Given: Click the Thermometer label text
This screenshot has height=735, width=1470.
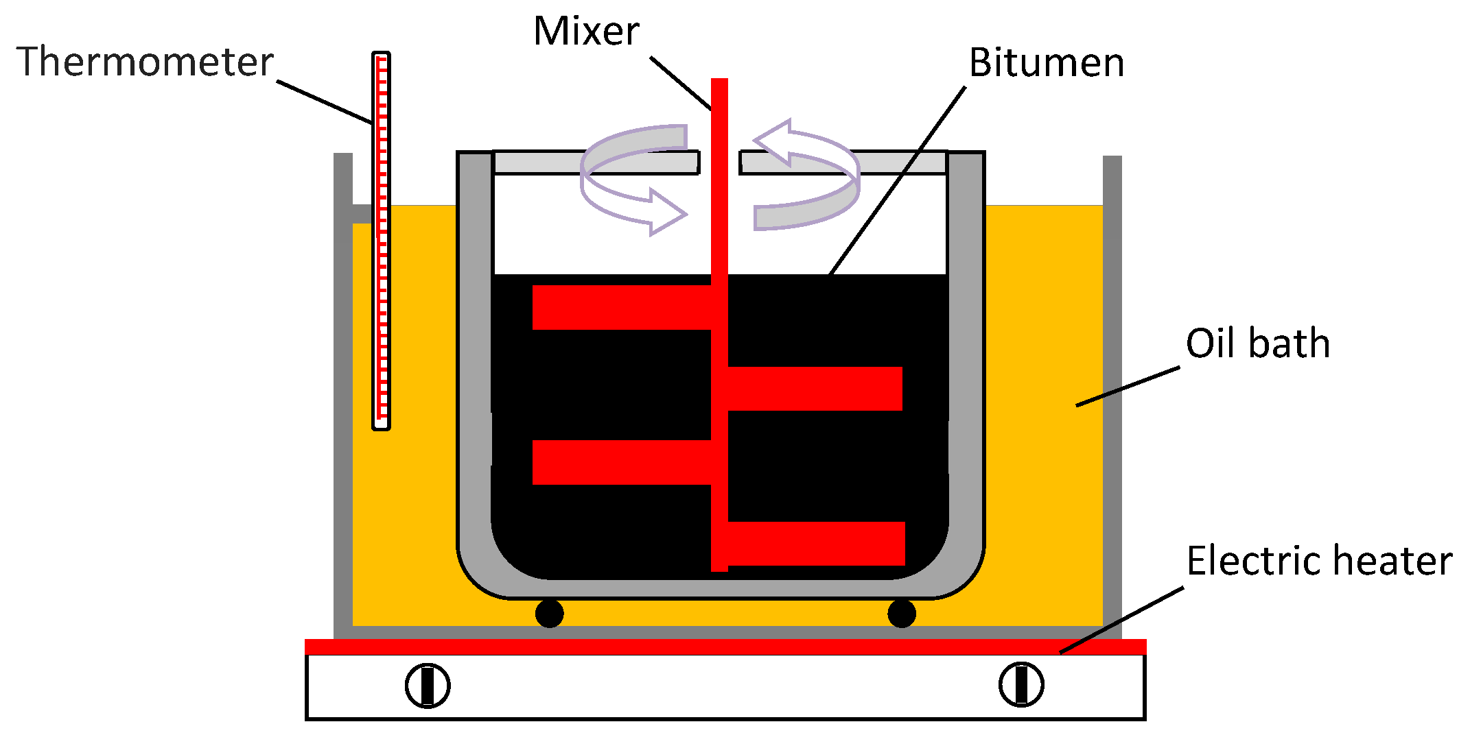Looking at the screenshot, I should [x=145, y=62].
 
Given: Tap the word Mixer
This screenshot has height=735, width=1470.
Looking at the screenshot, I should [x=586, y=32].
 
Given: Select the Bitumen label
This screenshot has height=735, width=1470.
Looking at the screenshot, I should [x=1046, y=63].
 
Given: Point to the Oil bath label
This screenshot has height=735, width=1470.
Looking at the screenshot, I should [x=1257, y=344].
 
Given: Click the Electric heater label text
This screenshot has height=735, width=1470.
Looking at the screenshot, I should [x=1319, y=561].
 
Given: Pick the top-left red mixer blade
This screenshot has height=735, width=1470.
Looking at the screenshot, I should [x=621, y=308].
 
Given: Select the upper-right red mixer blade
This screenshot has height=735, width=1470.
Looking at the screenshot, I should [x=815, y=389].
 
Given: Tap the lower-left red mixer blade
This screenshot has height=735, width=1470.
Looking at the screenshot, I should [x=621, y=462].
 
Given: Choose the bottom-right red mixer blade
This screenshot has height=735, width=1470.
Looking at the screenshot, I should [x=817, y=544].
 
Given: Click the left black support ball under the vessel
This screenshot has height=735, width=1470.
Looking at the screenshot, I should [x=549, y=614].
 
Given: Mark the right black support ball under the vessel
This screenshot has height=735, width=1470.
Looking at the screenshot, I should [x=901, y=614].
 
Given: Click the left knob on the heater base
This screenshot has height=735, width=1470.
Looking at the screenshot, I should [x=427, y=685].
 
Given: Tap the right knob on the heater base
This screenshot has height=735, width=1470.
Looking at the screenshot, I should [x=1021, y=684].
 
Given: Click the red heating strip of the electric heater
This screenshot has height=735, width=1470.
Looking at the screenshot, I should [x=725, y=647].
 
